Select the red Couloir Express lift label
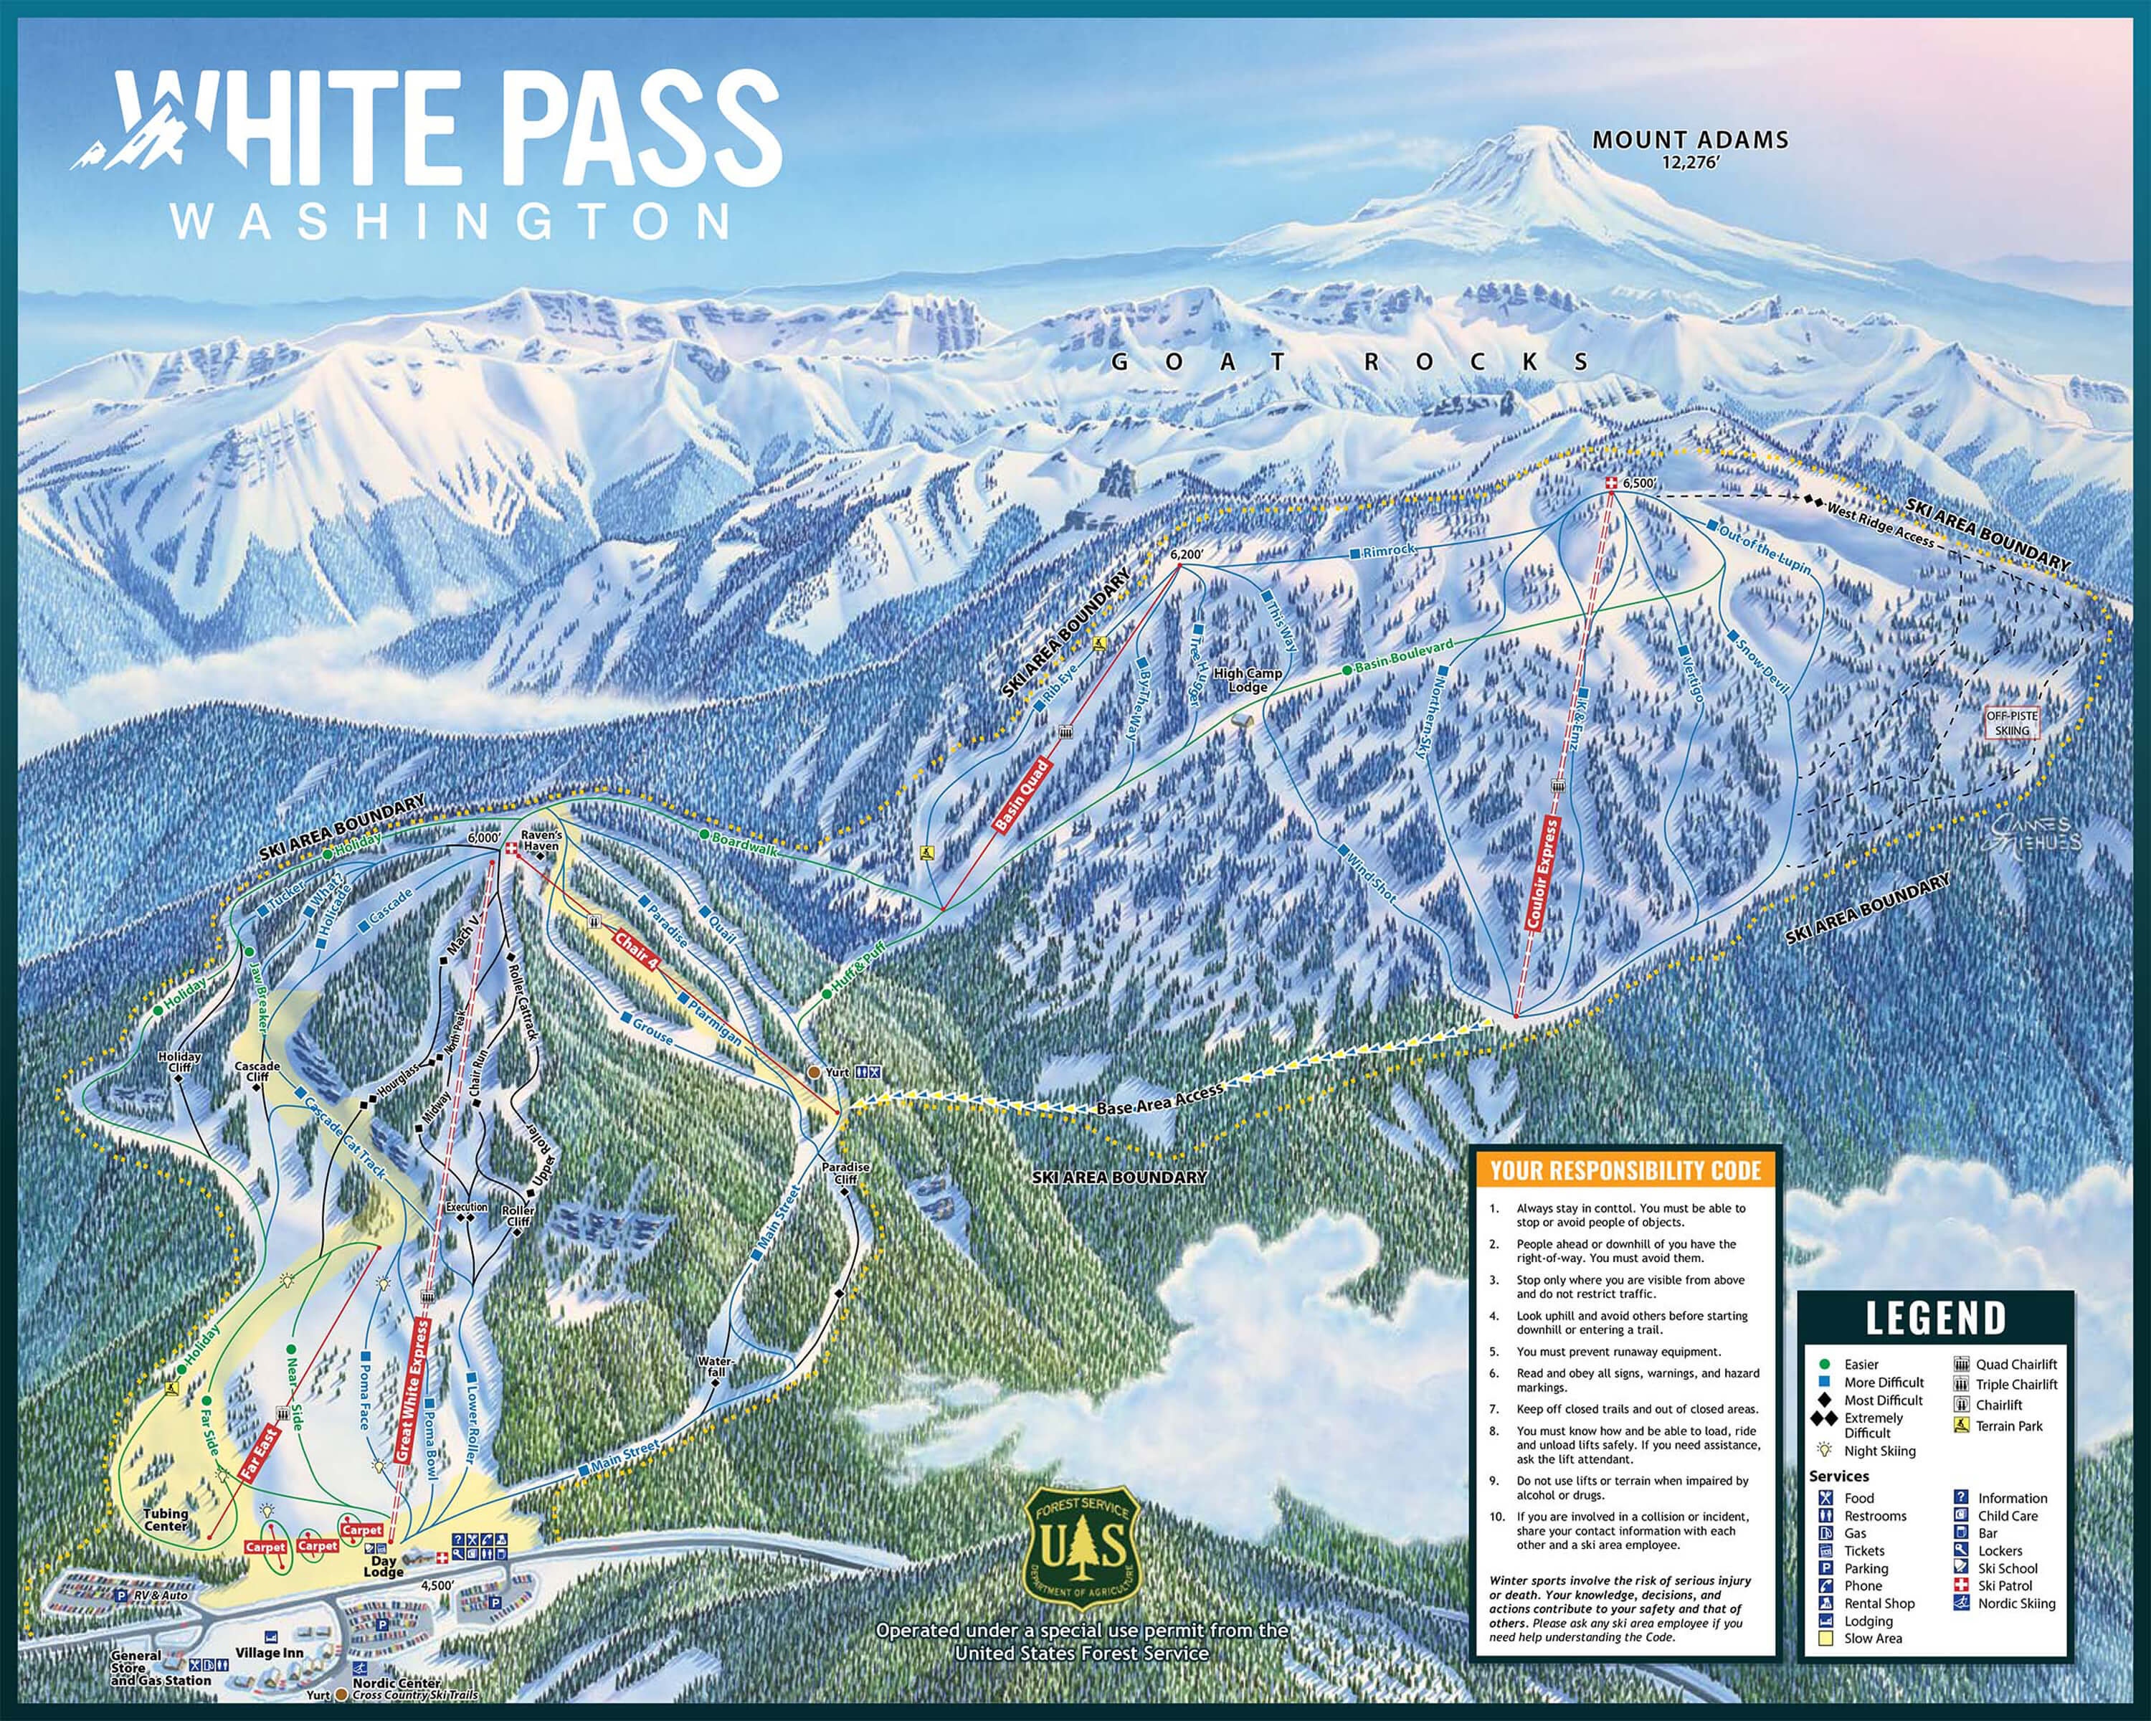click(1544, 875)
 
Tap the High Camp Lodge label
click(1247, 681)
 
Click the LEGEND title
click(1935, 1318)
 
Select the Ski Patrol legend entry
click(2003, 1585)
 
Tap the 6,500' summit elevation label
click(1640, 483)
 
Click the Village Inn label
click(270, 1652)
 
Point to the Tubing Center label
click(166, 1519)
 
